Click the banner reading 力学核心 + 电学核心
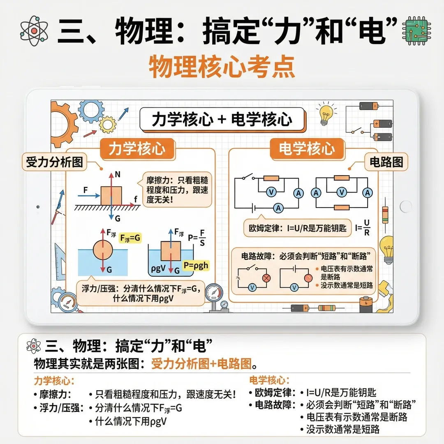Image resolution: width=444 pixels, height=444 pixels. [222, 120]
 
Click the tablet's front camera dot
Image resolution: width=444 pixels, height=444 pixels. [38, 206]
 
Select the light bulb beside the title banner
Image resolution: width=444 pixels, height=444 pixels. [325, 114]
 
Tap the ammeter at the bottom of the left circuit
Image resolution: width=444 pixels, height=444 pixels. [279, 208]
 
